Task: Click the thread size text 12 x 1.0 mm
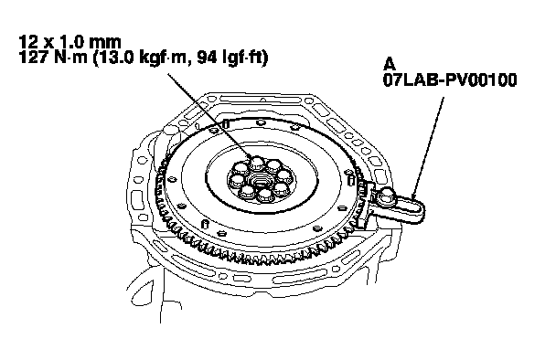tap(69, 42)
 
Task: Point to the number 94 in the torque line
tap(207, 58)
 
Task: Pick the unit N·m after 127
tap(71, 58)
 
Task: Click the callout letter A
tap(390, 65)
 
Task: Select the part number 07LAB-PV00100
tap(450, 80)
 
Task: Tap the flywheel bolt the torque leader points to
tap(257, 163)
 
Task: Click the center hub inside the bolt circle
tap(260, 179)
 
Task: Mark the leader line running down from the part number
tap(428, 148)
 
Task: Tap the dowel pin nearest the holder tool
tap(351, 179)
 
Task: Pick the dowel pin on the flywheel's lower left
tap(205, 224)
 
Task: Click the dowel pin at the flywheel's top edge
tap(225, 123)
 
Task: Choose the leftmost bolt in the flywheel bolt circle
tap(236, 180)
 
